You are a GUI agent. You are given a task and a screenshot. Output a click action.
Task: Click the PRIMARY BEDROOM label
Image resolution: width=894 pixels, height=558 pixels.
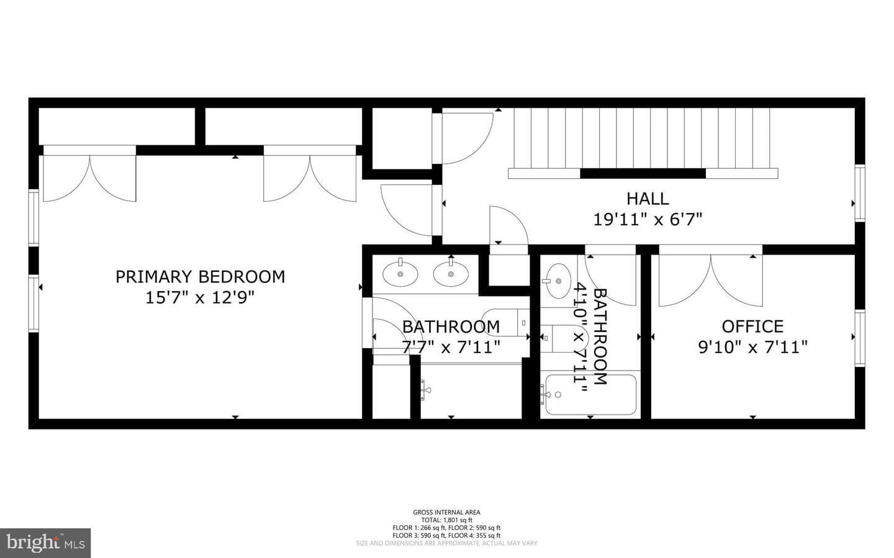click(x=201, y=277)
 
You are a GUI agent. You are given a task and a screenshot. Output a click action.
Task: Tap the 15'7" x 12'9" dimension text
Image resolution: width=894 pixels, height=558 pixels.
click(x=199, y=298)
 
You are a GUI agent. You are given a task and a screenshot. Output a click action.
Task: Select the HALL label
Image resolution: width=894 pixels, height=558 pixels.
click(x=648, y=199)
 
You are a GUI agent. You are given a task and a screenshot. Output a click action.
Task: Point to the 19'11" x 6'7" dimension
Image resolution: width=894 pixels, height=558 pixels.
click(x=648, y=220)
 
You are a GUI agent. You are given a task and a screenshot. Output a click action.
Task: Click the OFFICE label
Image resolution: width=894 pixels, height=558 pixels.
click(x=752, y=326)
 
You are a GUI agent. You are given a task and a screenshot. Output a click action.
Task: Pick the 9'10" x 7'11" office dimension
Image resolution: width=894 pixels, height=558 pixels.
click(x=752, y=347)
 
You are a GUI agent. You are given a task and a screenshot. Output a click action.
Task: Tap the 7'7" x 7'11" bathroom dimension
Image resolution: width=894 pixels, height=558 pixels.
click(x=451, y=347)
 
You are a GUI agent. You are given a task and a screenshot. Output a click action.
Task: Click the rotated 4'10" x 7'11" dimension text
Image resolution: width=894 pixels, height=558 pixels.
click(x=580, y=337)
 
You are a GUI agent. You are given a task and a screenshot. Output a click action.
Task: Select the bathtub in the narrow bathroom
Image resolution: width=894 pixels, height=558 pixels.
click(x=590, y=394)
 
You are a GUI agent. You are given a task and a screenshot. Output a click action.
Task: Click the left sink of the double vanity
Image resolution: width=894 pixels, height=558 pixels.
click(x=400, y=274)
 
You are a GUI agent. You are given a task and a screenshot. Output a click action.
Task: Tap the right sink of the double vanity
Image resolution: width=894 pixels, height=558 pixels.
click(x=451, y=274)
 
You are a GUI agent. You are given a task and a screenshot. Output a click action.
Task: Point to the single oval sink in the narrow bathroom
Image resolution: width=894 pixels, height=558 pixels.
click(x=558, y=281)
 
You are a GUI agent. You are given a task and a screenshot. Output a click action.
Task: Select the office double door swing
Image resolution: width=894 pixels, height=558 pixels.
click(x=711, y=280)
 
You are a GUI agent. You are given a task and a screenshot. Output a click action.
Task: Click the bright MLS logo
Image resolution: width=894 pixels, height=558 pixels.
click(x=45, y=543)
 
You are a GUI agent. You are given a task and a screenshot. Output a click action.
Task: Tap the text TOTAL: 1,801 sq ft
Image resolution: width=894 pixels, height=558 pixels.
click(x=446, y=520)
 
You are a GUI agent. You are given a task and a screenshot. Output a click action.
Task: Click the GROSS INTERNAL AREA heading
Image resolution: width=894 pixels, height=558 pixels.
click(x=446, y=512)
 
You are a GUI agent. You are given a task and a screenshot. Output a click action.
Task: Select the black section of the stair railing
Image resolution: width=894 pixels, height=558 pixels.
click(x=643, y=174)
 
